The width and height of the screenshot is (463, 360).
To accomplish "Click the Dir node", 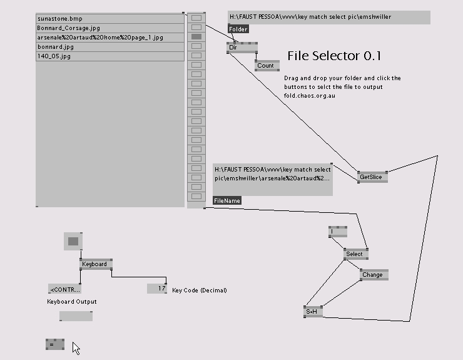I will pyautogui.click(x=242, y=48).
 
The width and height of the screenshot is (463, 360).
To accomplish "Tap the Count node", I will pyautogui.click(x=267, y=66).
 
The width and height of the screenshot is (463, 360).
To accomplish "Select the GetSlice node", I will pyautogui.click(x=372, y=177).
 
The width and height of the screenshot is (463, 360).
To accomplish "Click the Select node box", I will pyautogui.click(x=355, y=254).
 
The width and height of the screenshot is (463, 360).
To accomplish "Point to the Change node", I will pyautogui.click(x=374, y=275).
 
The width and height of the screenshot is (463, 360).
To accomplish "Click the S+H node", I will pyautogui.click(x=312, y=311).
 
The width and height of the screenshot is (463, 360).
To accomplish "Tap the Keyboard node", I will pyautogui.click(x=96, y=264).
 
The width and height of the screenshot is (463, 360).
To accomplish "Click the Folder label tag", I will pyautogui.click(x=238, y=29).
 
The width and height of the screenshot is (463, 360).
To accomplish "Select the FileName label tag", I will pyautogui.click(x=226, y=201).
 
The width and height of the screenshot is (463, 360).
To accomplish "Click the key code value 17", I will pyautogui.click(x=157, y=289).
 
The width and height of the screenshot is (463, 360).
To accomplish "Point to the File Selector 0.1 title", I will pyautogui.click(x=334, y=56).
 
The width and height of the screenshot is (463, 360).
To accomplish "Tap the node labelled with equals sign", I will pyautogui.click(x=54, y=344).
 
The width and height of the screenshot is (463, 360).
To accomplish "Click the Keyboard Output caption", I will pyautogui.click(x=72, y=302).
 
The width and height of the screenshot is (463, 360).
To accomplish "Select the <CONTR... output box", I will pyautogui.click(x=64, y=289).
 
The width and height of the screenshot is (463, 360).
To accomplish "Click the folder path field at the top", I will pyautogui.click(x=328, y=17).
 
